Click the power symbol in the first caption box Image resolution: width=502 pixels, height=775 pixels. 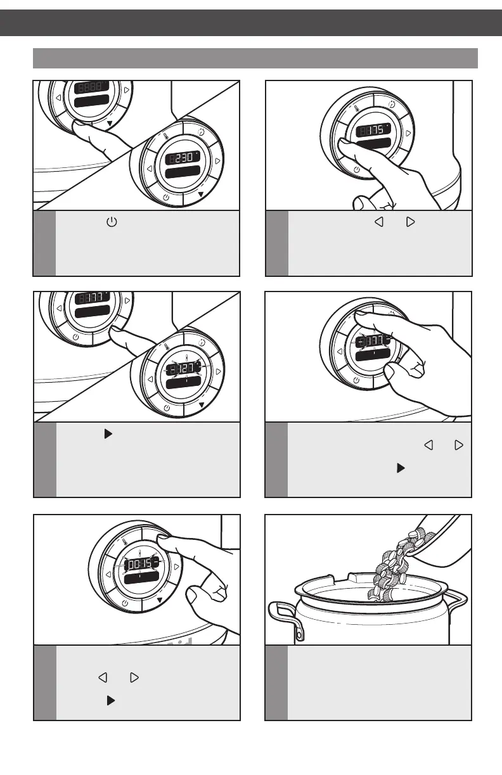112,223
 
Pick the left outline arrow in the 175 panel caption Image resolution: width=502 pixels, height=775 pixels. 379,223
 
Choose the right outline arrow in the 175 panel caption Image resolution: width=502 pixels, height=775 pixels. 409,223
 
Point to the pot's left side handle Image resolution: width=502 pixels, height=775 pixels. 281,618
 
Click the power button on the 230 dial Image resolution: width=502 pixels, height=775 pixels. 166,197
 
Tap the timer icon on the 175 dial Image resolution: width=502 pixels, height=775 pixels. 391,105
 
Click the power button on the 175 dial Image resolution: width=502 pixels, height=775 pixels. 356,169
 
